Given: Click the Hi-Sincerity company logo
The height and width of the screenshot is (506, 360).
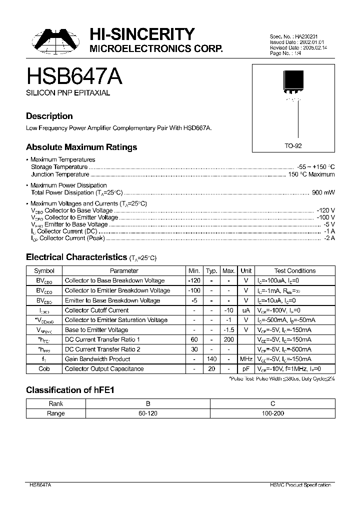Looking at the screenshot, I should (x=54, y=40).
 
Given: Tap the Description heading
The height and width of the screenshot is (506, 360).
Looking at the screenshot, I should (x=49, y=116).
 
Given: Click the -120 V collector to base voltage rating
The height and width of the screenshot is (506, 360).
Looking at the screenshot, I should (x=325, y=210).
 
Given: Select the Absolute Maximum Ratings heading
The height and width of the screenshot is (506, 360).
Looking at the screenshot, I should (x=81, y=147).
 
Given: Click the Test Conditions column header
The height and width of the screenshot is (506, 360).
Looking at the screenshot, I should (x=295, y=270).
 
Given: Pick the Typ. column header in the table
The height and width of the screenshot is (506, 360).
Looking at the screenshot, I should (x=211, y=270).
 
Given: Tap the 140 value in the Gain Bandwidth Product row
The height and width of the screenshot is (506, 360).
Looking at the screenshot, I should (x=211, y=359).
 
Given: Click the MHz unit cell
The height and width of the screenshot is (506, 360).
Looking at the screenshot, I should (x=245, y=359).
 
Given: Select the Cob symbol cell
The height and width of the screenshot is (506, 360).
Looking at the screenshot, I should (x=44, y=369).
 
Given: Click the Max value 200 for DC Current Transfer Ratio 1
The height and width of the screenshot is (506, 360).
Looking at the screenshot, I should (x=228, y=339).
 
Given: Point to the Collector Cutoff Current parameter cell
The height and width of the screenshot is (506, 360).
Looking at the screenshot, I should (x=97, y=310).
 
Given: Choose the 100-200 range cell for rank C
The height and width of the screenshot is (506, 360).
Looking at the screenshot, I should (x=272, y=413).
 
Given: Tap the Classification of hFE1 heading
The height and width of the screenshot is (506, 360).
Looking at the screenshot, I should (x=70, y=390).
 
